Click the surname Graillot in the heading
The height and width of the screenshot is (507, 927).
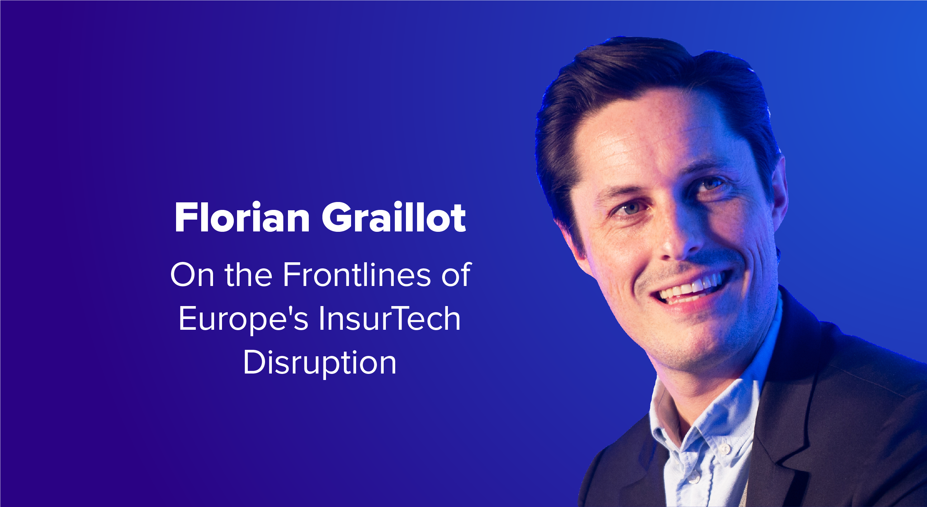coord(394,217)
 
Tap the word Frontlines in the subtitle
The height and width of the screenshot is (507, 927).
coord(356,275)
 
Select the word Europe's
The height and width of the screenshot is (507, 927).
coord(243,319)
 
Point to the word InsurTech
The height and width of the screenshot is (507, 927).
coord(389,319)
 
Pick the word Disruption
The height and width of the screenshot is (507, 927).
coord(320,363)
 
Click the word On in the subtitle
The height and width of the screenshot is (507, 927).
coord(192,275)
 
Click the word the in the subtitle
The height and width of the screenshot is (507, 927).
coord(248,275)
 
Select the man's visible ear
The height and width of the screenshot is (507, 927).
coord(777,194)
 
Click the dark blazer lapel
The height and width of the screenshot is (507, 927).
coord(788,414)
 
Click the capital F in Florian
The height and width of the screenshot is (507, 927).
coord(183,217)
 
